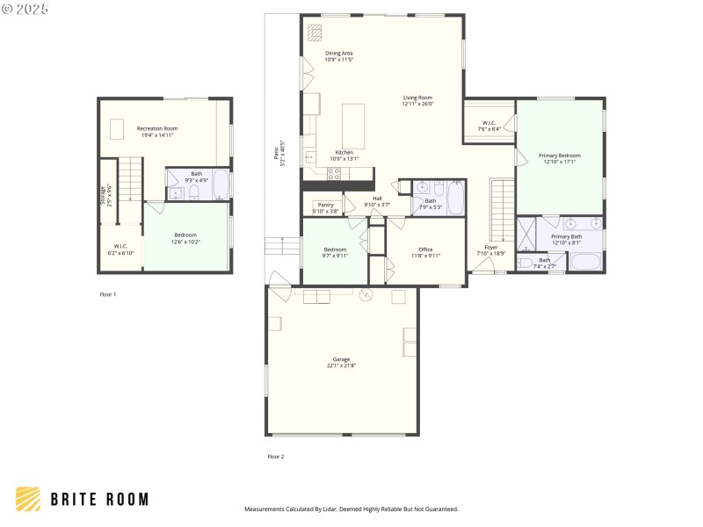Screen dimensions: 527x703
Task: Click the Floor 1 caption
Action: [107, 294]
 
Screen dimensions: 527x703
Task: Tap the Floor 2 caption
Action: [275, 457]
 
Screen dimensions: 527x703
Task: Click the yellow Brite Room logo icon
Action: [28, 499]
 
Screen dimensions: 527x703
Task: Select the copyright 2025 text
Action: [25, 8]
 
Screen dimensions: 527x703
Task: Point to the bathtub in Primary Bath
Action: [585, 262]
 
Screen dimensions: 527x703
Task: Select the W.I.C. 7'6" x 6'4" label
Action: [489, 126]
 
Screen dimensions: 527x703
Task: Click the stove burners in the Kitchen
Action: [333, 173]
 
